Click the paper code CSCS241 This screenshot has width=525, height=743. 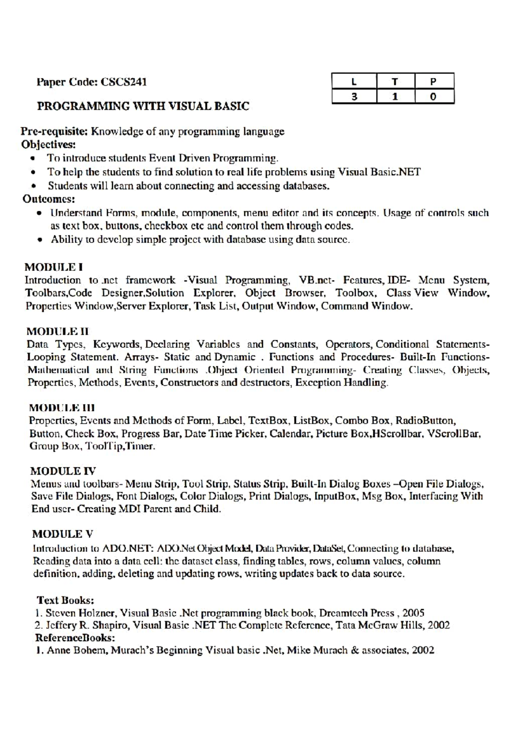[x=124, y=82]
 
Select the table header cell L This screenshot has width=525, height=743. [x=354, y=81]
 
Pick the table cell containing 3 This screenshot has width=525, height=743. [x=354, y=97]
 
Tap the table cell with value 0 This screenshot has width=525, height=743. [x=433, y=97]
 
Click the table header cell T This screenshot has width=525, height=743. [x=395, y=81]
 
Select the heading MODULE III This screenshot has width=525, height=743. [x=62, y=408]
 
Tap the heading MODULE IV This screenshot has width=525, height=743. [x=63, y=471]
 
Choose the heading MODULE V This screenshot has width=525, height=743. [x=63, y=534]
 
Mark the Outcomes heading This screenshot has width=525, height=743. [x=49, y=199]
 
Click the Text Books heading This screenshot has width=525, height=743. [x=66, y=600]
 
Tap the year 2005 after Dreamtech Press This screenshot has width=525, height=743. [x=413, y=613]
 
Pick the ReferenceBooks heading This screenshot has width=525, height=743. [x=75, y=638]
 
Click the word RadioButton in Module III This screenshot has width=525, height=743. [x=426, y=421]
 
